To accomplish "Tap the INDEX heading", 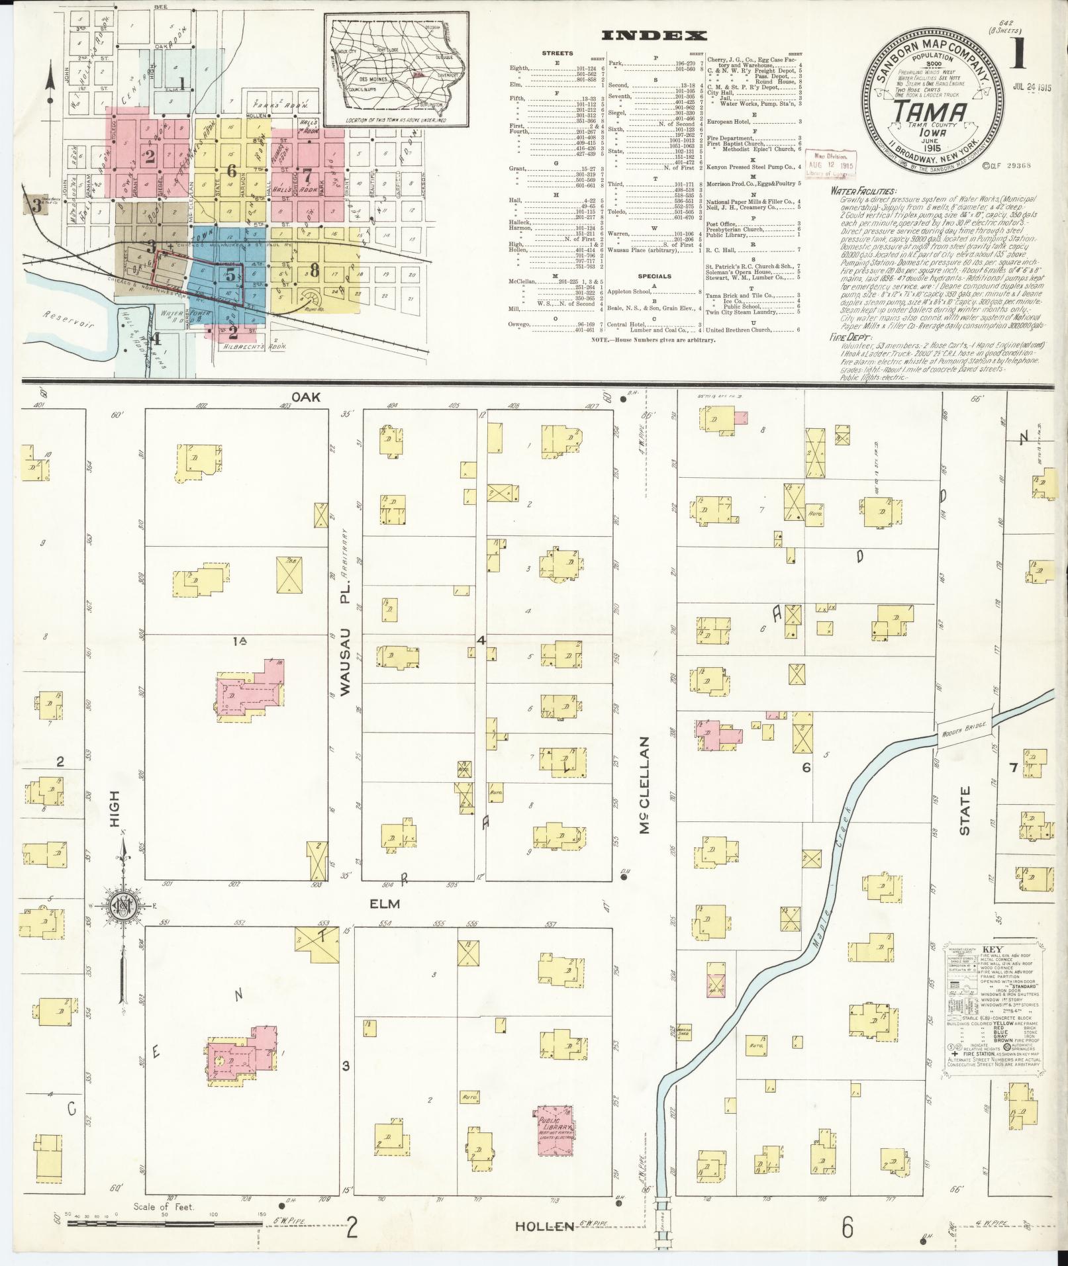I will (x=654, y=36).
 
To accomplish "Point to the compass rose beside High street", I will (x=124, y=906).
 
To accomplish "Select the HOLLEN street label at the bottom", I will (x=544, y=1226).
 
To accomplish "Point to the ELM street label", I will (x=385, y=903).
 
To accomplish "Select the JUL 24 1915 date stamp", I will (x=1032, y=87).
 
